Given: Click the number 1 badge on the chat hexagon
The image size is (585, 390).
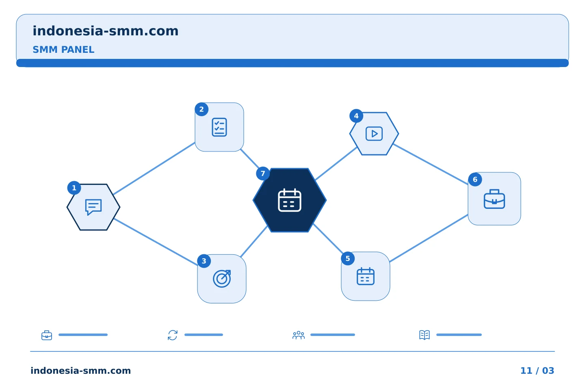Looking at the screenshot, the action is click(74, 188).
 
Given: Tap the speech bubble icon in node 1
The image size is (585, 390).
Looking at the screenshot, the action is click(93, 207).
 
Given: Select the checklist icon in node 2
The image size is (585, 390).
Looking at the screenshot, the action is click(219, 127).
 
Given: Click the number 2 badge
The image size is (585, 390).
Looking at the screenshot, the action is click(201, 109).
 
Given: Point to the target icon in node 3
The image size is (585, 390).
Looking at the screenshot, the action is click(222, 279).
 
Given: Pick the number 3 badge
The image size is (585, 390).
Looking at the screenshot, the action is click(204, 261).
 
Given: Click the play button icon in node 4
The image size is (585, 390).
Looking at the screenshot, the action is click(374, 134).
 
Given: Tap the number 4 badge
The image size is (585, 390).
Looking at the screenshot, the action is click(356, 116).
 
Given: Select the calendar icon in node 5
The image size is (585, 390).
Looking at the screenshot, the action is click(365, 276).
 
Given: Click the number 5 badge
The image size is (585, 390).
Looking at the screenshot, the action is click(348, 258).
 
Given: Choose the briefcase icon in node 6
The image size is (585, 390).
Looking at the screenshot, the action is click(494, 199).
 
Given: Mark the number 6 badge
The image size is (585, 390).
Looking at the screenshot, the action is click(475, 180).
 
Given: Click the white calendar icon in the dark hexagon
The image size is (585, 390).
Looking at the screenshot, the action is click(290, 200).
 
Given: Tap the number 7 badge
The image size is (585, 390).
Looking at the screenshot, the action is click(263, 173).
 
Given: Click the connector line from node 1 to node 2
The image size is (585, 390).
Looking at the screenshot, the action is click(154, 168).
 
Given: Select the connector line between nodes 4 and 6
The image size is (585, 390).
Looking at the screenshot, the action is click(431, 164).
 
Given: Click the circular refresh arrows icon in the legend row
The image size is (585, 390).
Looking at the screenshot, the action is click(173, 335).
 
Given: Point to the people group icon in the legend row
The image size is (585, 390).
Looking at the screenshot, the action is click(299, 335).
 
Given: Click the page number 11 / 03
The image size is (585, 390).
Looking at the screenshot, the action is click(537, 370).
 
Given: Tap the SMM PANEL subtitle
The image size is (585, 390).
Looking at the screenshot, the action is click(63, 50).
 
